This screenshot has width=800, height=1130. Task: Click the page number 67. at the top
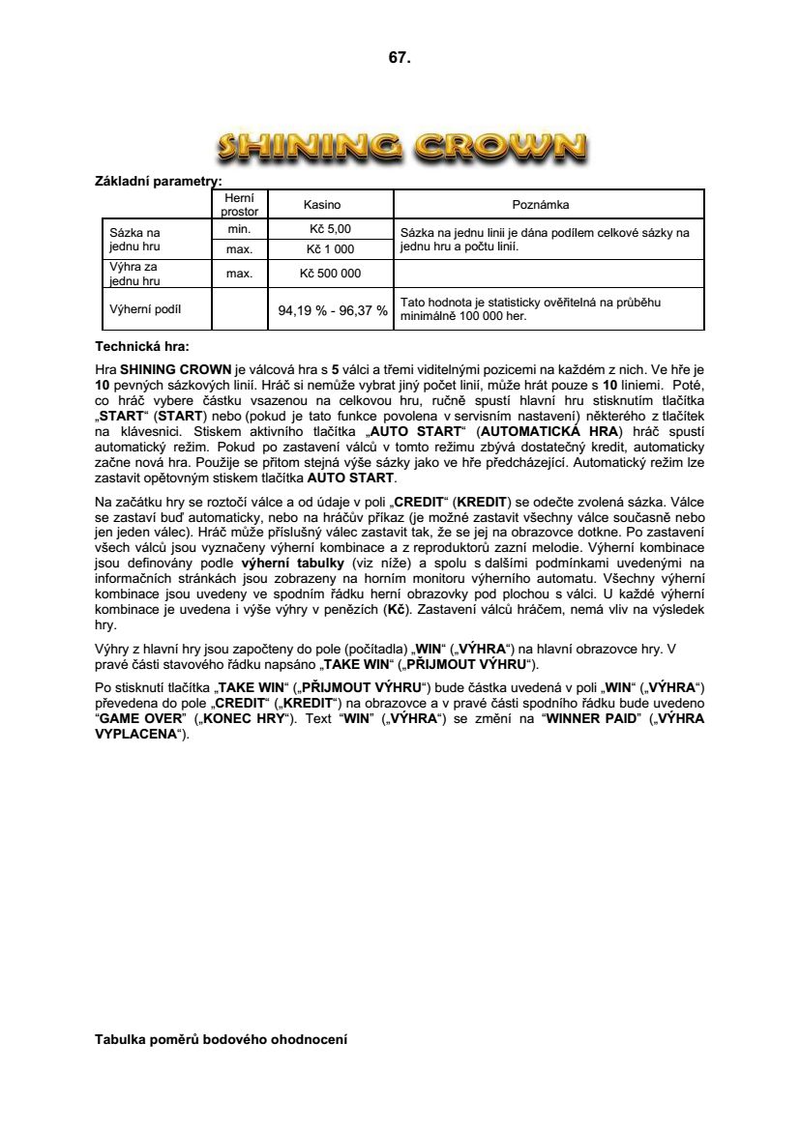400,58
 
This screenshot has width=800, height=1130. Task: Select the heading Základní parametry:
159,181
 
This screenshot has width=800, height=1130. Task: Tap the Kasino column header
322,205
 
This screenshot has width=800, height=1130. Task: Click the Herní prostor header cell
239,204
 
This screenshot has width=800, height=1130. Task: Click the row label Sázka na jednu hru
135,239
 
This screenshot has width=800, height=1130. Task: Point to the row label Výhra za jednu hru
135,274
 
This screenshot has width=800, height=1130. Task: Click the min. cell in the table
239,229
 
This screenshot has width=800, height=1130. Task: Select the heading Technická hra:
142,345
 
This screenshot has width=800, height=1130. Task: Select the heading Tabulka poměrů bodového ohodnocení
221,1040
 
